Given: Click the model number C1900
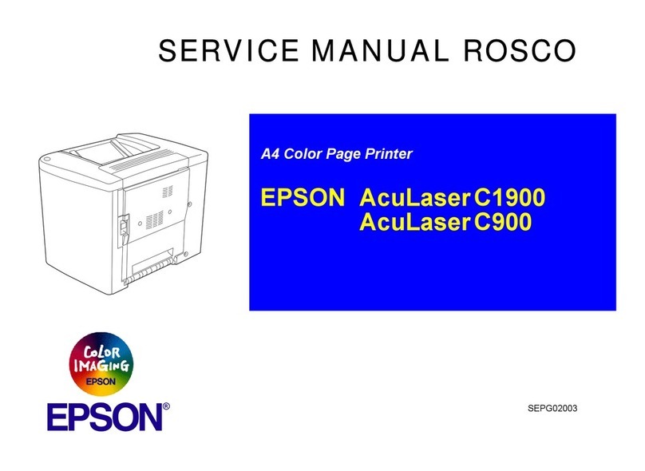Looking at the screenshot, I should (x=509, y=197).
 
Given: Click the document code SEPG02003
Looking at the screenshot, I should (x=551, y=409).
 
